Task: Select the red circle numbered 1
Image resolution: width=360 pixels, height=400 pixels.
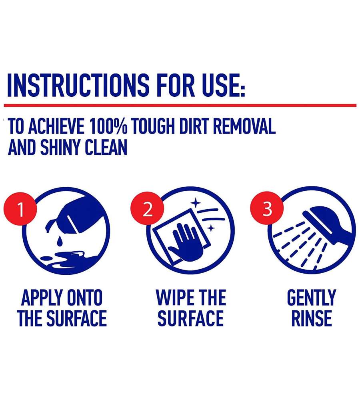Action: [20, 209]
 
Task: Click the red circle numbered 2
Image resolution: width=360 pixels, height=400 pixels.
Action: [148, 209]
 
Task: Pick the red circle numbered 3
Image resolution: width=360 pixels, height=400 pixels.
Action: [267, 209]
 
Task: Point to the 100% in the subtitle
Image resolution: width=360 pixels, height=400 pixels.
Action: [108, 126]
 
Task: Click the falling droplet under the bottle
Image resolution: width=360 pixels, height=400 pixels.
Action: [60, 241]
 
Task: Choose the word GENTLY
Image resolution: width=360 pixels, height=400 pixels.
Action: [311, 298]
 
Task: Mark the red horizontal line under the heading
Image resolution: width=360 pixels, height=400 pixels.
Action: [180, 105]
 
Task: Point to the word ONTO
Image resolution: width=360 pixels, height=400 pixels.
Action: [84, 298]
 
